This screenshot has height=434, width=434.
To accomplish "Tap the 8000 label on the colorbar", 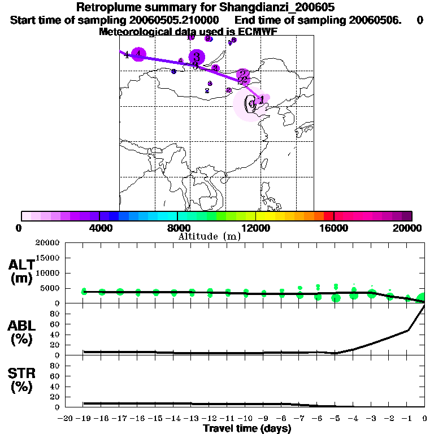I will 177,228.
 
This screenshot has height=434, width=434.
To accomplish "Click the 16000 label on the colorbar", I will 334,228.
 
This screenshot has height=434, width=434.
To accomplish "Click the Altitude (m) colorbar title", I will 209,236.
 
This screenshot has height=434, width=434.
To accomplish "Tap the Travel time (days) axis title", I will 248,429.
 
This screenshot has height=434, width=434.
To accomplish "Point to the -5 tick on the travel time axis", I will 335,419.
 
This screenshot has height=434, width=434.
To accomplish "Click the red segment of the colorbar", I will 328,216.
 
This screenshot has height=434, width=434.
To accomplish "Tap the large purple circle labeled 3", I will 197,57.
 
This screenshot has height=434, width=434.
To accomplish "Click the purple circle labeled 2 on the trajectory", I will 243,74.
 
